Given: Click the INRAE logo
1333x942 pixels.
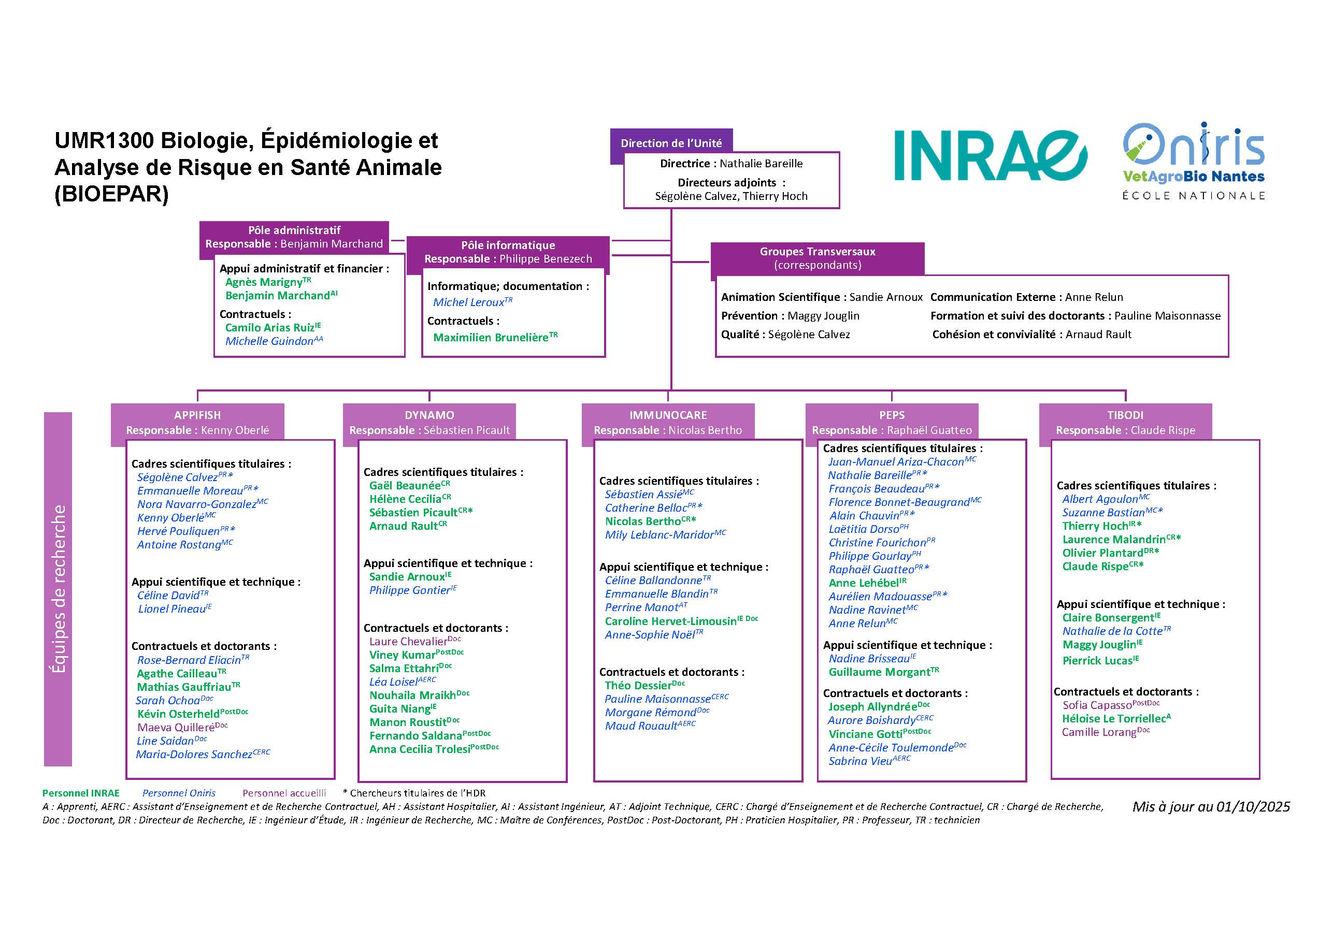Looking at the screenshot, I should coord(991,155).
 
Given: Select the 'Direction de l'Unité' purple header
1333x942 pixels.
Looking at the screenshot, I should coord(671,143).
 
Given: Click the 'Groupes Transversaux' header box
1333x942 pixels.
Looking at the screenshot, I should coord(817,258).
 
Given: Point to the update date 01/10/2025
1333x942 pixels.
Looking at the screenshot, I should coord(1211,806).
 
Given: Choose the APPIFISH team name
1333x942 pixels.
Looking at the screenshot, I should coord(197,415).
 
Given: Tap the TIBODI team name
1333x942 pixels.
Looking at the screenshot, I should coord(1125,415).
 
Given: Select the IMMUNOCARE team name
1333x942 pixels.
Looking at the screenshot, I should coord(668,415).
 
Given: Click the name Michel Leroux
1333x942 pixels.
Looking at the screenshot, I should coord(468,302).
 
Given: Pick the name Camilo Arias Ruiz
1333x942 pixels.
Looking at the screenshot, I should coord(269,327).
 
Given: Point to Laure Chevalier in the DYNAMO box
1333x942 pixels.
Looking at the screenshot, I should coord(408,641).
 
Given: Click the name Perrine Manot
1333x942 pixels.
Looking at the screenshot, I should coord(641,607).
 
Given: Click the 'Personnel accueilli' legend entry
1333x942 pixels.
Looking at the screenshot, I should coord(284,793).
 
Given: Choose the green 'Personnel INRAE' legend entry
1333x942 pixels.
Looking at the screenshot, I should coord(81,793).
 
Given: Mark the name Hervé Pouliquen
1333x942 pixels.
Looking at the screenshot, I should coord(178,531).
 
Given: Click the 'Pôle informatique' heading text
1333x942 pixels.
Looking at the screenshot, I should coord(508,245).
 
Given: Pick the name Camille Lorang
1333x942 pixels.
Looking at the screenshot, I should coord(1098,732).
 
